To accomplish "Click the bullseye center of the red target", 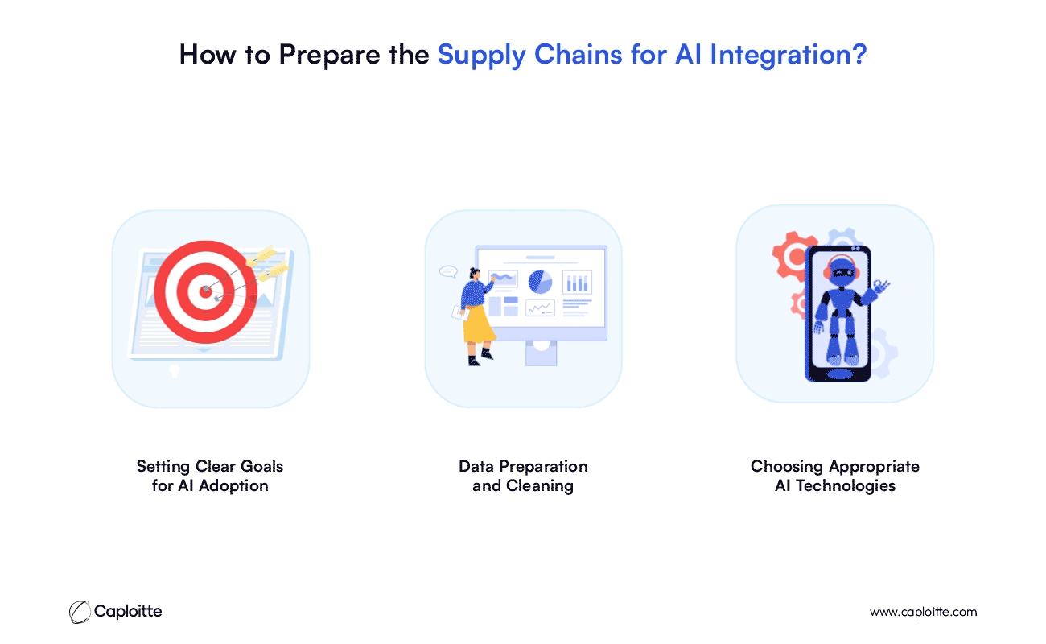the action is pos(205,292).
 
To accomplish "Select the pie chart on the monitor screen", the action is pos(540,282).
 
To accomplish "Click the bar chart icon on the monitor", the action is pos(577,283).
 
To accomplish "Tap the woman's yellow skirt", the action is pos(479,324).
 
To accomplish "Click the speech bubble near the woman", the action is pos(448,271).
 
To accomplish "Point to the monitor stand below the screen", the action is pos(542,353).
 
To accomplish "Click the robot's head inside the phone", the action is pos(842,270).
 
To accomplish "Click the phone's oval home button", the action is pos(840,374).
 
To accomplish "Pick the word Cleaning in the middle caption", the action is pos(540,486).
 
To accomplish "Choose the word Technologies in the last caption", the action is pos(846,486).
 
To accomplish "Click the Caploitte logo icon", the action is pos(80,612).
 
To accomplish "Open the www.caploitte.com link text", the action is pos(923,612).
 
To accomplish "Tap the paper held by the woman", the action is pos(460,312).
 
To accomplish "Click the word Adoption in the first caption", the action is pos(233,486).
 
